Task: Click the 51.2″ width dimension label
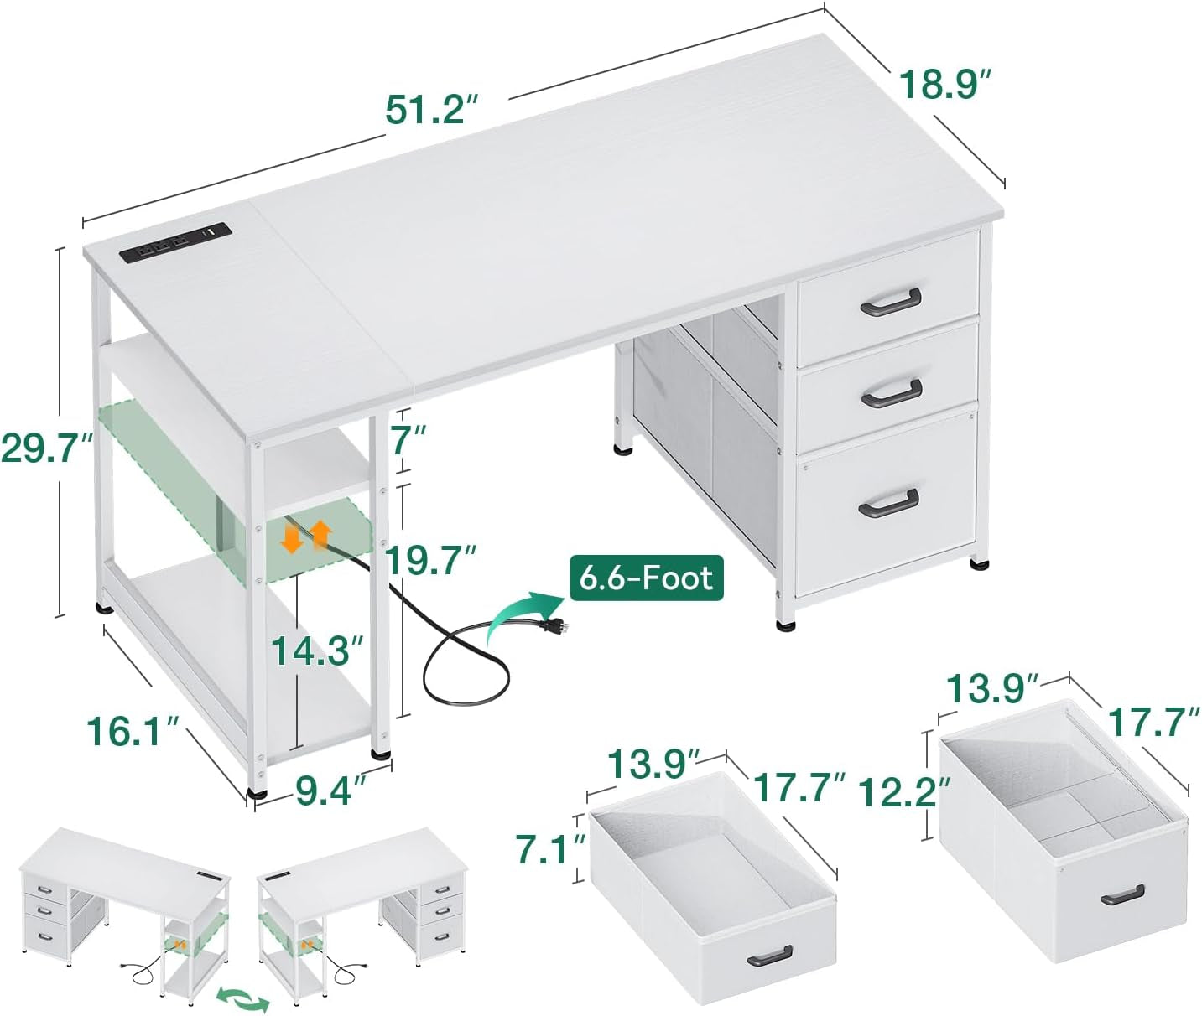pyautogui.click(x=431, y=109)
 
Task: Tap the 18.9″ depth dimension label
pyautogui.click(x=945, y=85)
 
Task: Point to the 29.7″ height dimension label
pyautogui.click(x=46, y=448)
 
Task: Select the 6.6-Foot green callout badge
pyautogui.click(x=646, y=578)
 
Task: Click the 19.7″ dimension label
pyautogui.click(x=431, y=561)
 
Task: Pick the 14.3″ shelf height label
pyautogui.click(x=317, y=650)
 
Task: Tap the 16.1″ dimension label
pyautogui.click(x=134, y=731)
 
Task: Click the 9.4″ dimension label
pyautogui.click(x=330, y=790)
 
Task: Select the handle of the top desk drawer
pyautogui.click(x=890, y=302)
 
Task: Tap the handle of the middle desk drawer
pyautogui.click(x=891, y=393)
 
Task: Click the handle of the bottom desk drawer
pyautogui.click(x=888, y=501)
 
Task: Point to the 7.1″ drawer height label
pyautogui.click(x=549, y=848)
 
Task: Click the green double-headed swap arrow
pyautogui.click(x=243, y=998)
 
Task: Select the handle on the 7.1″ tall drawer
pyautogui.click(x=769, y=955)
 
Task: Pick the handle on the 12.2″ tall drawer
pyautogui.click(x=1121, y=894)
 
